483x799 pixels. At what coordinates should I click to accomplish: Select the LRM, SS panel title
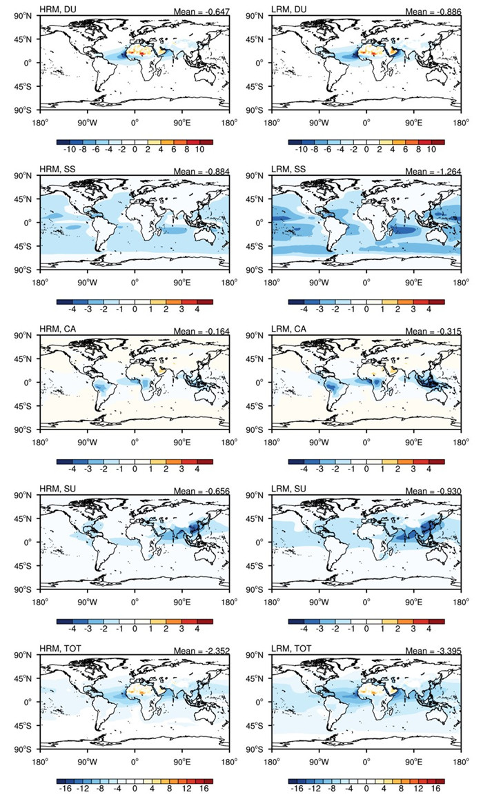click(x=290, y=170)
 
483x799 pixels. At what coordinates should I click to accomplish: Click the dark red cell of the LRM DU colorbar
click(x=438, y=141)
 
